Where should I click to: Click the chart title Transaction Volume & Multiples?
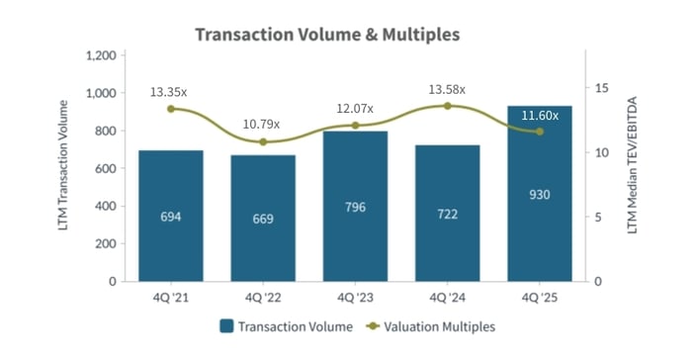(x=327, y=35)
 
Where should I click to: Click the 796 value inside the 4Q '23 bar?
(x=355, y=212)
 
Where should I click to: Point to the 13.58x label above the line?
(x=447, y=89)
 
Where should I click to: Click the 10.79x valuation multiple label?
(x=262, y=125)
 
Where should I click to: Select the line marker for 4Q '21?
(x=171, y=109)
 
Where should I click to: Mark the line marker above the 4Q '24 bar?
(x=447, y=106)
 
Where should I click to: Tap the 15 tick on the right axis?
(x=598, y=88)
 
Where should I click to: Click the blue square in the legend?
(x=226, y=325)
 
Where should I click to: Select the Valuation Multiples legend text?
(x=440, y=325)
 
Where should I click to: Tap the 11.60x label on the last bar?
(x=540, y=116)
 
